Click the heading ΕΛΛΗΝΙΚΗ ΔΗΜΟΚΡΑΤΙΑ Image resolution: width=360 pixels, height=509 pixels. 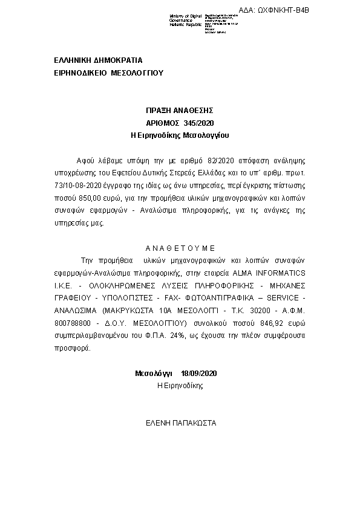[x=99, y=61]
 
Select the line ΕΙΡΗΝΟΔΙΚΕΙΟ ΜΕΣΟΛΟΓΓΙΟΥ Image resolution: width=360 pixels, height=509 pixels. [x=108, y=73]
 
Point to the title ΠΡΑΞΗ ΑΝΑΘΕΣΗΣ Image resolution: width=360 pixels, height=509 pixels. [x=180, y=111]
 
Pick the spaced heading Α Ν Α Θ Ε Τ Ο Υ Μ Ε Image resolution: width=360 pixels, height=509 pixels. [x=180, y=248]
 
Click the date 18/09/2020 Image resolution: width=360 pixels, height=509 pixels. [x=198, y=374]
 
